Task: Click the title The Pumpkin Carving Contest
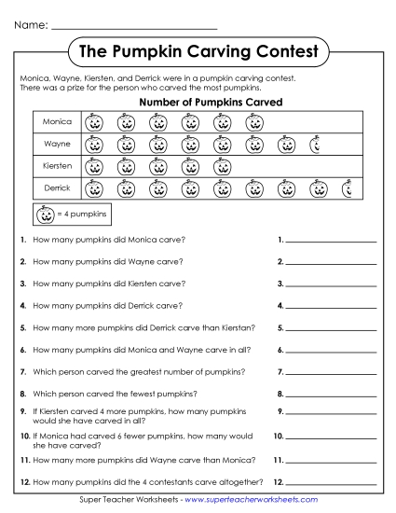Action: click(x=198, y=50)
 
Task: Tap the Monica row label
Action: click(x=57, y=122)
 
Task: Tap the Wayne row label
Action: click(x=57, y=145)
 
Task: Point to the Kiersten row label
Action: click(x=57, y=167)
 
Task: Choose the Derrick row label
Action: click(x=57, y=189)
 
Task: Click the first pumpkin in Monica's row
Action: click(x=93, y=122)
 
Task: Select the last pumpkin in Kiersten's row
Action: click(x=222, y=167)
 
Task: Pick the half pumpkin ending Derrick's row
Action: click(x=347, y=189)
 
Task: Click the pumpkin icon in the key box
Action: click(x=45, y=215)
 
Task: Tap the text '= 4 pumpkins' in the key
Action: click(x=80, y=215)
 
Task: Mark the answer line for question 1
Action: click(x=331, y=242)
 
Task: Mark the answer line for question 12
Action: click(x=331, y=483)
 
